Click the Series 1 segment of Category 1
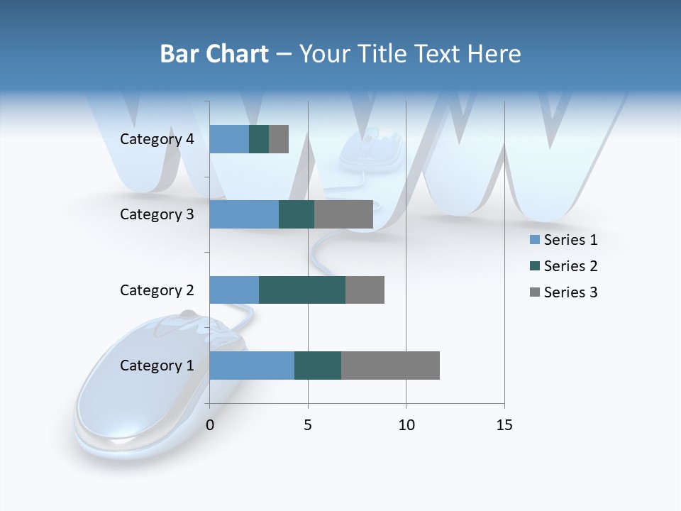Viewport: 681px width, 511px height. [252, 366]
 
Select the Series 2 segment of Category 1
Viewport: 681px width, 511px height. [318, 366]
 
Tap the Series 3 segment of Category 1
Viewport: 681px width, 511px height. [390, 366]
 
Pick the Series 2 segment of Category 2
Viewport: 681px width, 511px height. [302, 290]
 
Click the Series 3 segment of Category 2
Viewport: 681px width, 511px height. [365, 290]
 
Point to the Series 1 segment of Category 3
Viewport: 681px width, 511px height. [244, 214]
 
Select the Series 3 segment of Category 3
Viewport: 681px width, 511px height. [343, 214]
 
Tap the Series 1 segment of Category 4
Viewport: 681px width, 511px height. [229, 139]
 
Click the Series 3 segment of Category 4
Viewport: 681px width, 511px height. [279, 139]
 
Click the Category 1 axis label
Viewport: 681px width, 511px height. [157, 366]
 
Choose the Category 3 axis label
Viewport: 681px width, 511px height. [157, 214]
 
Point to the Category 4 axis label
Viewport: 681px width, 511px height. [157, 139]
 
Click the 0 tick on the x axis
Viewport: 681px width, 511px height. [210, 425]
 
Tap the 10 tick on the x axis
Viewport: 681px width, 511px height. [406, 425]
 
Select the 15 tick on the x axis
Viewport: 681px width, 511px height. [504, 425]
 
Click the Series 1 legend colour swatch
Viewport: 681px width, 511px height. [534, 240]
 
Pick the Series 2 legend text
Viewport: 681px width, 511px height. [570, 266]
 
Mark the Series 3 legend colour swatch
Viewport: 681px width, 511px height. [534, 292]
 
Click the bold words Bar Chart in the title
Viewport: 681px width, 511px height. [214, 54]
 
